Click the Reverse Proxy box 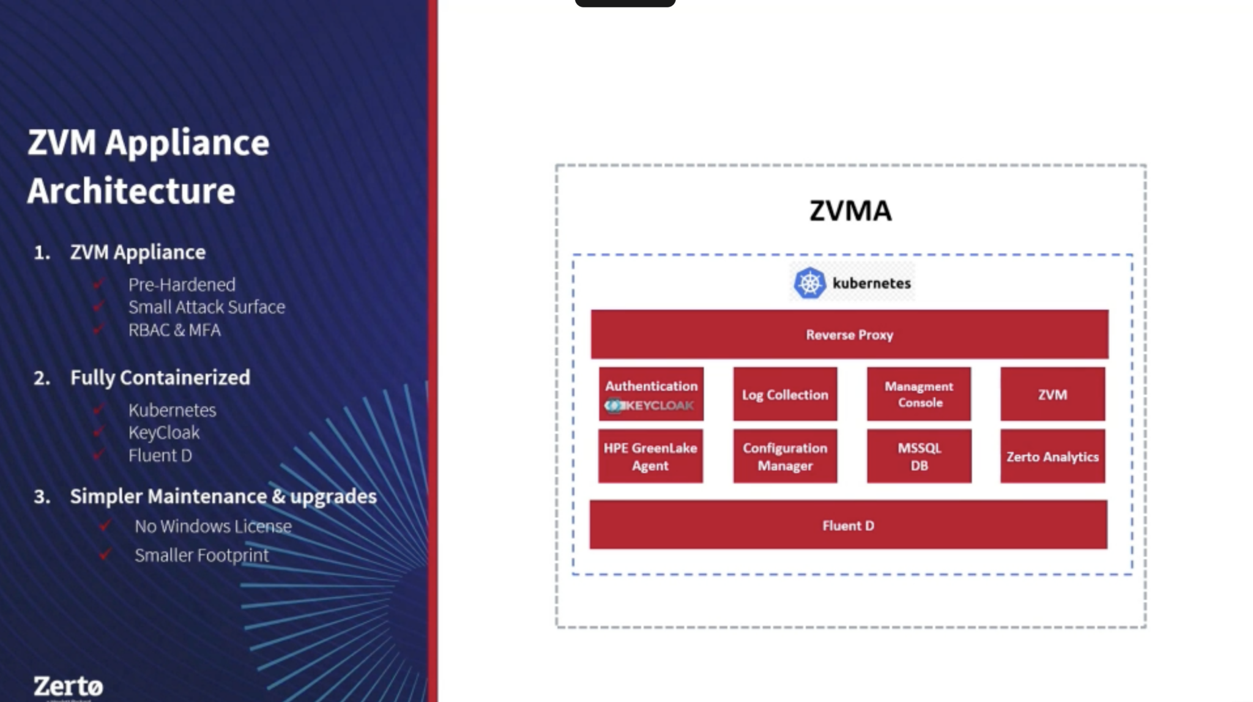[849, 334]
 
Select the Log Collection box [785, 394]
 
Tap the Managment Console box [919, 394]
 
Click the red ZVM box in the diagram [1052, 394]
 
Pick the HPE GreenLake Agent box [650, 456]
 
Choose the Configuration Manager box [785, 456]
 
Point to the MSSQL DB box [919, 456]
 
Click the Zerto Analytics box [1052, 456]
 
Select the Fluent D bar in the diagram [848, 525]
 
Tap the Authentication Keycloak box [651, 394]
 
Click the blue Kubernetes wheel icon [809, 283]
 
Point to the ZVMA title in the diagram [850, 211]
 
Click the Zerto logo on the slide [68, 686]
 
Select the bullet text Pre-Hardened [182, 284]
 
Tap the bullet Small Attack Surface [207, 307]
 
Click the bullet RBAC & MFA [174, 330]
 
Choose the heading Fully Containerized [160, 377]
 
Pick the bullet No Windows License [213, 526]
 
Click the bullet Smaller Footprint [201, 555]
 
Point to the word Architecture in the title [132, 191]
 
